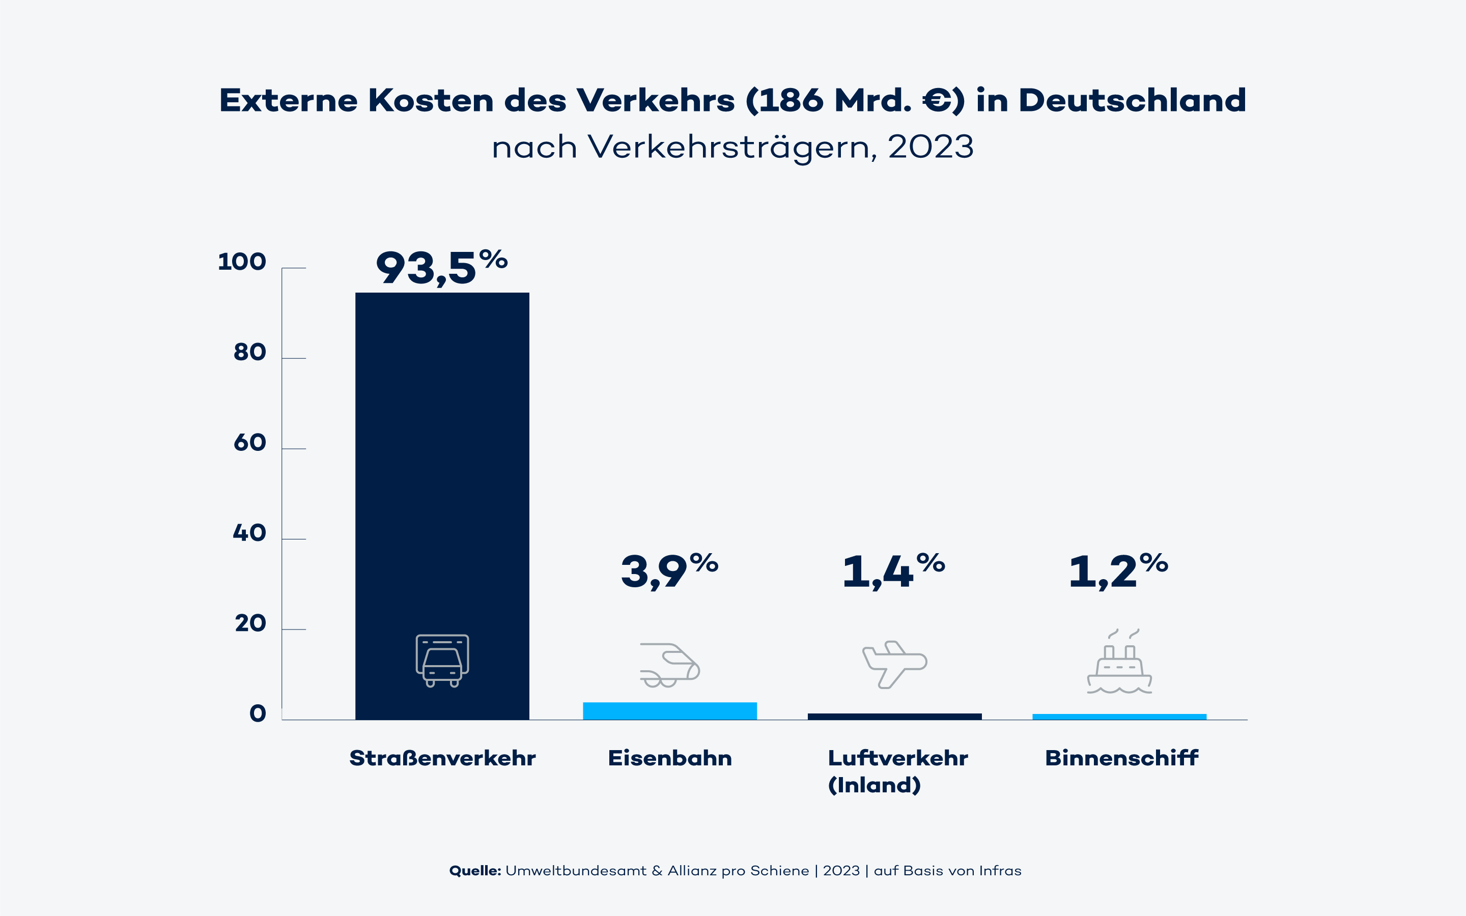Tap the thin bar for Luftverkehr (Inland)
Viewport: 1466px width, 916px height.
[x=895, y=717]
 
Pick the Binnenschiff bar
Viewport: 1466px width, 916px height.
[x=1119, y=717]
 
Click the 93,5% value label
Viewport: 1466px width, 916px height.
[x=441, y=268]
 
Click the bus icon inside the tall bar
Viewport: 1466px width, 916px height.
[x=442, y=661]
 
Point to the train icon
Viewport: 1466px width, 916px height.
[x=670, y=665]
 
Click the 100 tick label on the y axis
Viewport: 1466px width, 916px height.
[x=242, y=262]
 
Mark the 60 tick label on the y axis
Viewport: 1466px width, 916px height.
[x=249, y=443]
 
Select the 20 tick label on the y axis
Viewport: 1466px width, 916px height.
[x=250, y=623]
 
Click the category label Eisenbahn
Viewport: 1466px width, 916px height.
[x=670, y=758]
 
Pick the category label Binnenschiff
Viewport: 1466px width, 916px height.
[x=1122, y=758]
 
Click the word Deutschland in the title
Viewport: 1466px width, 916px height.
[x=1132, y=101]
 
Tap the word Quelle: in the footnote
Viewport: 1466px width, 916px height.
[x=475, y=871]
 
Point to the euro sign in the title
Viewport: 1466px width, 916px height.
[x=937, y=101]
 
